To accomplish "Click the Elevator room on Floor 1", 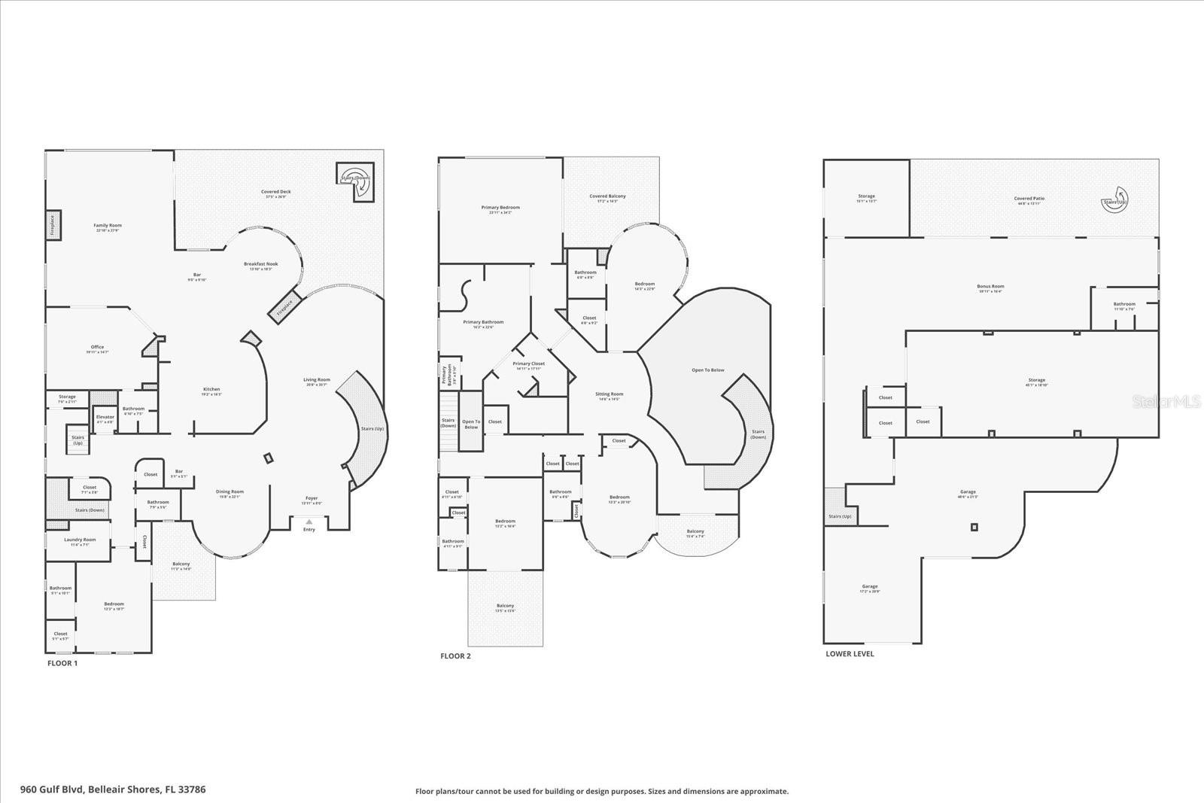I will (105, 418).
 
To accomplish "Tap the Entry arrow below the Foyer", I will (309, 522).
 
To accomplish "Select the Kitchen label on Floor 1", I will (211, 390).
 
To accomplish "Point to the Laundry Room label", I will (79, 540).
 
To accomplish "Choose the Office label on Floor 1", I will (97, 348).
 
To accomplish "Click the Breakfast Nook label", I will (261, 265).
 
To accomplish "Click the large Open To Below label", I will (707, 370).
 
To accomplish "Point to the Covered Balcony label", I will (607, 197).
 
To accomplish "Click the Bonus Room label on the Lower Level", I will (991, 287).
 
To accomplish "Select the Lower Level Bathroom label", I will (1124, 305).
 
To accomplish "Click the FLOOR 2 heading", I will (455, 656).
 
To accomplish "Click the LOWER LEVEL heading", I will (850, 654).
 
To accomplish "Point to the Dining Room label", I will (230, 493).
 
